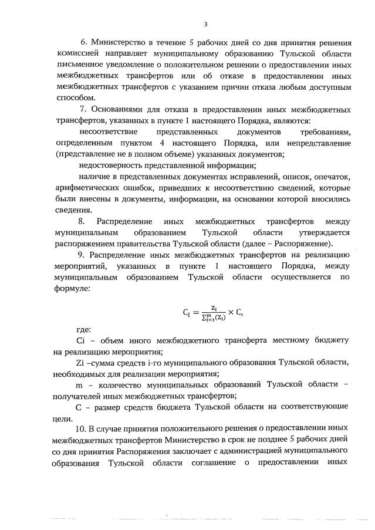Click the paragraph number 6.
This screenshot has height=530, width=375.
coord(83,43)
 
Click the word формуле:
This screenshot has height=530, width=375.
coord(73,289)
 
